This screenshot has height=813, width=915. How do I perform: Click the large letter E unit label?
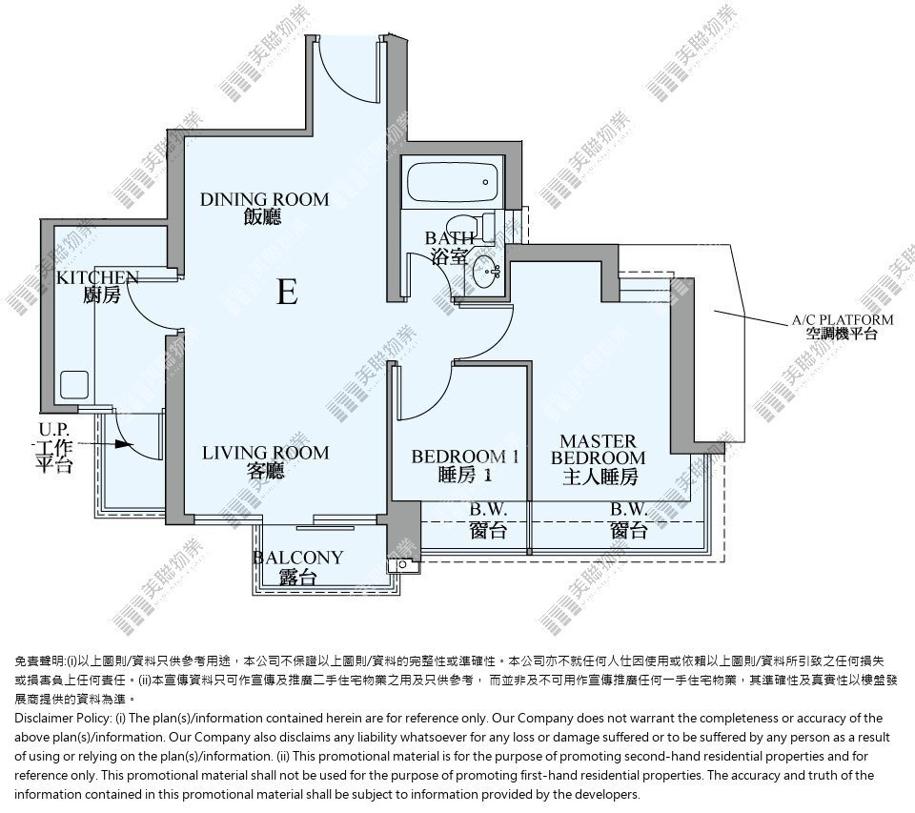287,292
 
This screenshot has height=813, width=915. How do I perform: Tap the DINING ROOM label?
264,208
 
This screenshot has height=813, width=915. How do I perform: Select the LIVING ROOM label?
266,461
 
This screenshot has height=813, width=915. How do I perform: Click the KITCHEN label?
98,286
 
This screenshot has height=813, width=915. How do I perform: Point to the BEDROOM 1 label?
465,465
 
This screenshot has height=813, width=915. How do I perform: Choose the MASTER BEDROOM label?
599,458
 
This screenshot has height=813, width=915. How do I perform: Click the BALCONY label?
297,567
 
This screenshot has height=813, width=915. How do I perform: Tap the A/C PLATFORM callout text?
843,327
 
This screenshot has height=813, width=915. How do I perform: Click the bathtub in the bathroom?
452,182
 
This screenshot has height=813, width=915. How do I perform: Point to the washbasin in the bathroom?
486,272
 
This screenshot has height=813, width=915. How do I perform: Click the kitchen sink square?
74,385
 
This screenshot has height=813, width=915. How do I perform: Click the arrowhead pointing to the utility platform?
121,444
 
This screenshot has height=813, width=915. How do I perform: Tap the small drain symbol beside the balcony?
402,565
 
